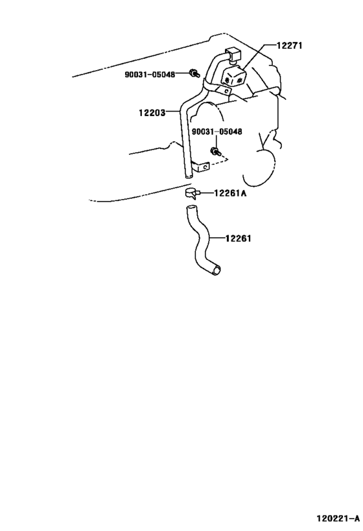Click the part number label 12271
pyautogui.click(x=289, y=45)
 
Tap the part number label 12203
pyautogui.click(x=152, y=113)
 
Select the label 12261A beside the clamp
pyautogui.click(x=230, y=193)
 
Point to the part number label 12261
pyautogui.click(x=239, y=239)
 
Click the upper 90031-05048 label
pyautogui.click(x=150, y=75)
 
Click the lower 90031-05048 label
pyautogui.click(x=217, y=132)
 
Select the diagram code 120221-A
pyautogui.click(x=338, y=518)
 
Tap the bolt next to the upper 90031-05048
pyautogui.click(x=194, y=73)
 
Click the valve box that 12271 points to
pyautogui.click(x=233, y=77)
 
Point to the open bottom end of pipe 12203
pyautogui.click(x=188, y=176)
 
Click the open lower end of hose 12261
pyautogui.click(x=217, y=270)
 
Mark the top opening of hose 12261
pyautogui.click(x=191, y=207)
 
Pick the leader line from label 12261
pyautogui.click(x=217, y=239)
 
